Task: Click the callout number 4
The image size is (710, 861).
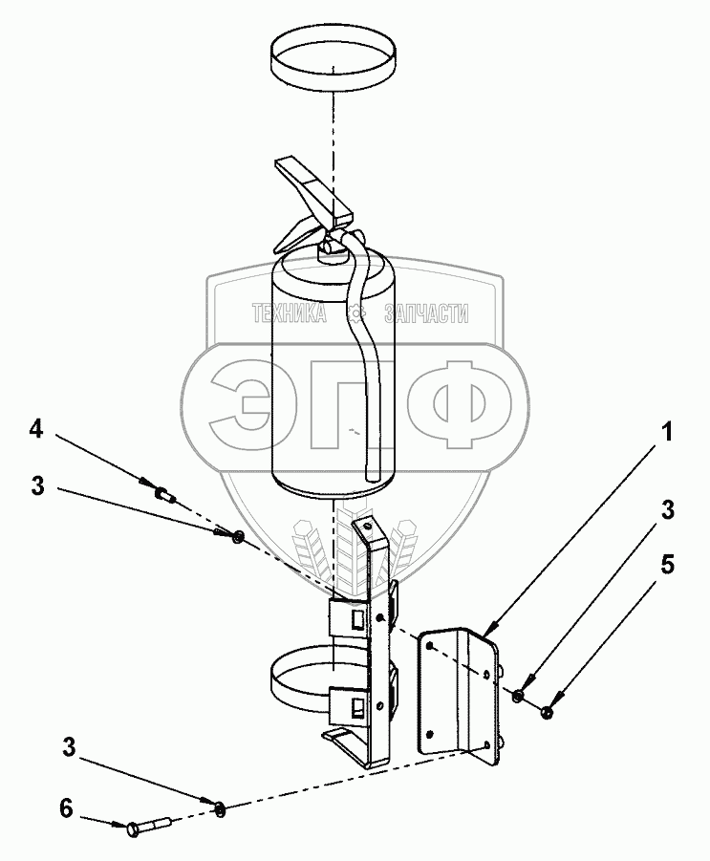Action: [35, 430]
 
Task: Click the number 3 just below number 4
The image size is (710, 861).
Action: [37, 485]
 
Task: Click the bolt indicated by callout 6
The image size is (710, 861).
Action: [148, 824]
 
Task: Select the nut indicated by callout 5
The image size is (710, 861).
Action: [548, 711]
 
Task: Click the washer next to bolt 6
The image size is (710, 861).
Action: [220, 809]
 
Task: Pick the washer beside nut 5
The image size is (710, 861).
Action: [517, 696]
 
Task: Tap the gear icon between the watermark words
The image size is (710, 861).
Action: [355, 312]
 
